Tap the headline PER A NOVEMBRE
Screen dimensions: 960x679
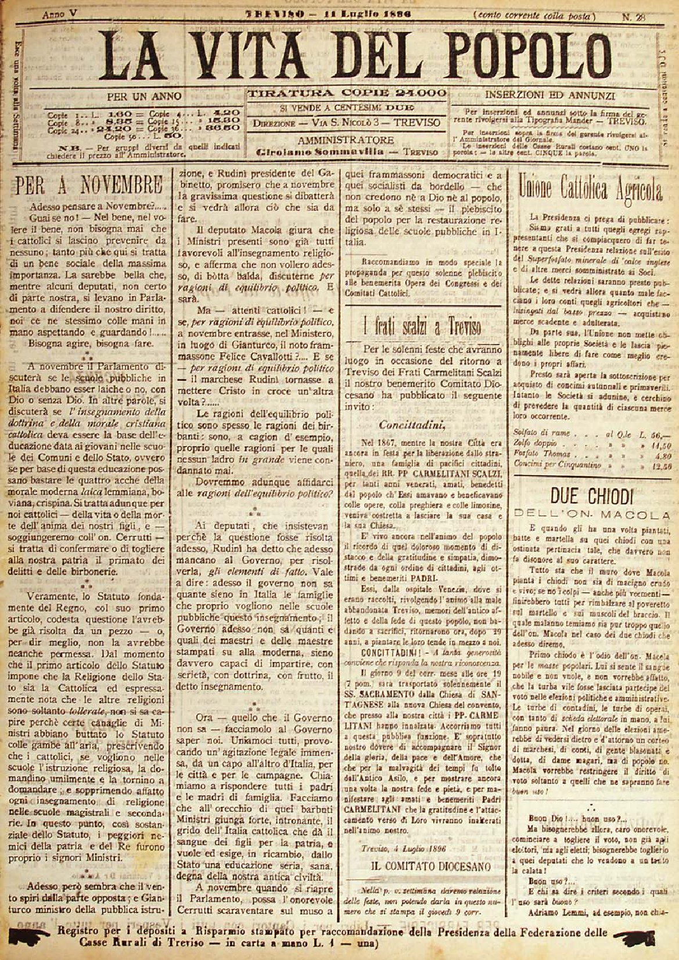(x=89, y=186)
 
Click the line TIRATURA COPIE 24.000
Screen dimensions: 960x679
(x=347, y=93)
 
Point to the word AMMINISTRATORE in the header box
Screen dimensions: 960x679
(x=346, y=141)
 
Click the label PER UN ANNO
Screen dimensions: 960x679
(x=144, y=96)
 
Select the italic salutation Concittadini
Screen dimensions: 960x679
(x=412, y=425)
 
